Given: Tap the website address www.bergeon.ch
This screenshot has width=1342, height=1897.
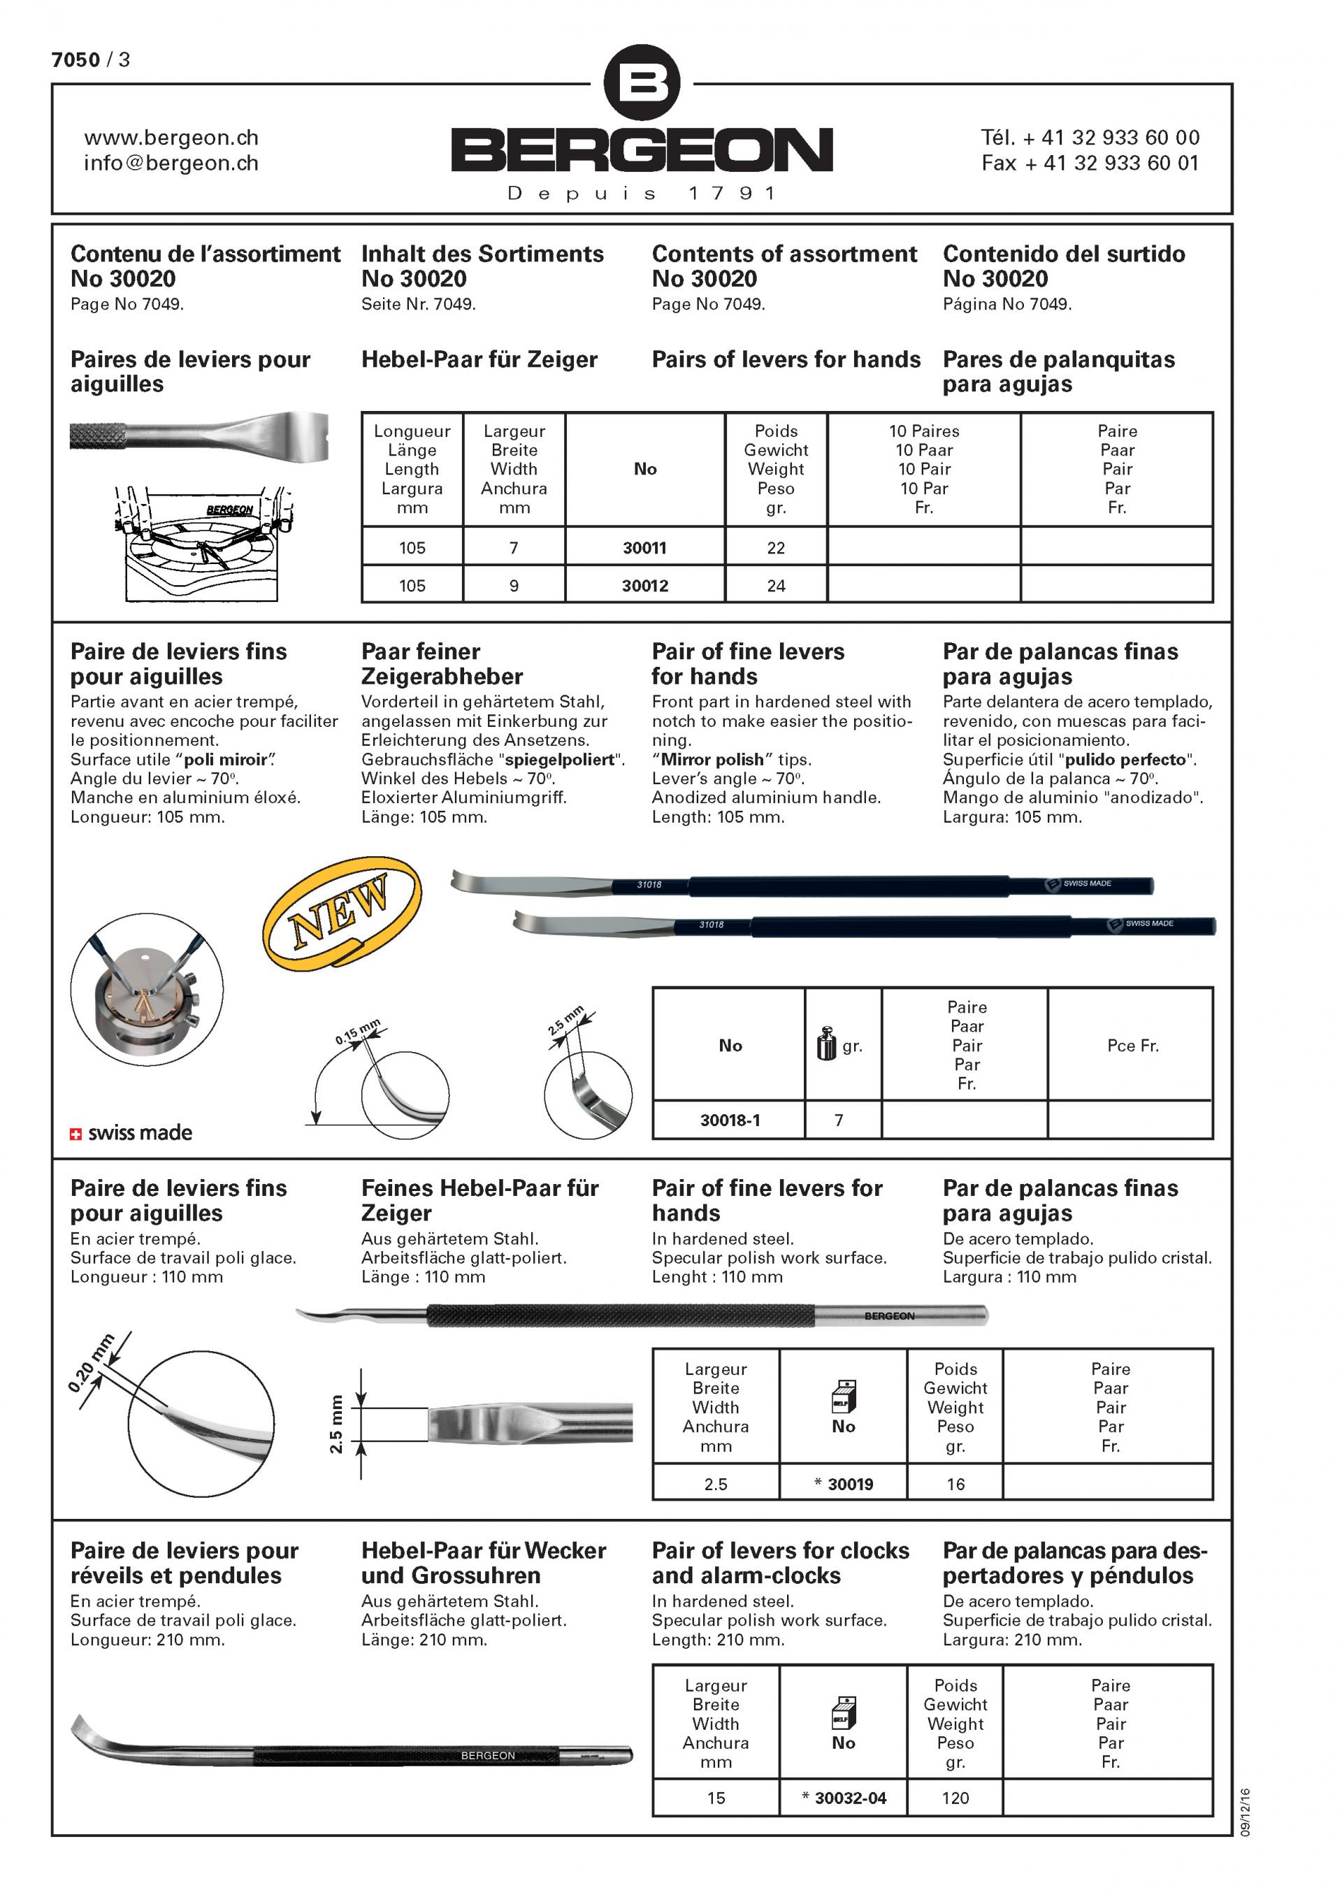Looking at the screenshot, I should [171, 137].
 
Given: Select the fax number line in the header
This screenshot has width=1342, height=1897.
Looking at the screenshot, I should [1089, 163].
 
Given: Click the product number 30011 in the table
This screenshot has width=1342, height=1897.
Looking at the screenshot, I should [644, 548].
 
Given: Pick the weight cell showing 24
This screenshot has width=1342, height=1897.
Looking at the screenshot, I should [776, 586].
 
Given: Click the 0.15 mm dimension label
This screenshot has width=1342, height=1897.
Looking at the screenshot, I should [358, 1032].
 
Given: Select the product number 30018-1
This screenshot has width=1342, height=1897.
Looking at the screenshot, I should [730, 1120].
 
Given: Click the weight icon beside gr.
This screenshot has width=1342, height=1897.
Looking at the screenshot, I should [826, 1044].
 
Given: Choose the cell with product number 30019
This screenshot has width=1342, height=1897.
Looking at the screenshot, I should [844, 1484].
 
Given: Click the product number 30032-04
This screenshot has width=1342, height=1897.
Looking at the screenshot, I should [844, 1798].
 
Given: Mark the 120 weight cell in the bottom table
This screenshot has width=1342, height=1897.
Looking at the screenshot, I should [955, 1798].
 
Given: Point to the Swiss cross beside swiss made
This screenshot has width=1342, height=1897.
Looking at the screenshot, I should [76, 1134].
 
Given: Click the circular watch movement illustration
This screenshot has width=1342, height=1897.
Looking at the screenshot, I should [147, 989].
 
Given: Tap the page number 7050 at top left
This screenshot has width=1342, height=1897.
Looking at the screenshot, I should [76, 59].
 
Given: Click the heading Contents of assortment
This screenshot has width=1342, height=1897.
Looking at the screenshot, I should [784, 254].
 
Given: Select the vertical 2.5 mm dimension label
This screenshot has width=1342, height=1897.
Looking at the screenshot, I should [335, 1424].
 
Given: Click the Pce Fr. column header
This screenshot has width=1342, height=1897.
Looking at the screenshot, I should [1132, 1046].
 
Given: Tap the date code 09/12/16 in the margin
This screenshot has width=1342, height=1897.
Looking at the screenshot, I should [1246, 1812].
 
